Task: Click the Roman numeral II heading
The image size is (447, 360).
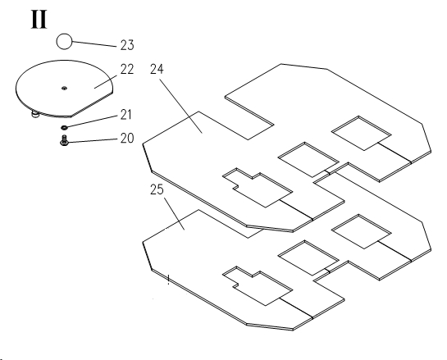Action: click(39, 20)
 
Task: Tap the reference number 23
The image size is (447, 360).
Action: click(127, 45)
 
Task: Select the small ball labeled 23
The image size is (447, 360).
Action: click(64, 41)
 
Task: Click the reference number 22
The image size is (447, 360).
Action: click(127, 69)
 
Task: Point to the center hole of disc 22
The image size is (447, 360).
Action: click(65, 88)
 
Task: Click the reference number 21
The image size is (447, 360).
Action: click(125, 115)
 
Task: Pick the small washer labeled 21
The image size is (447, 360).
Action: click(65, 127)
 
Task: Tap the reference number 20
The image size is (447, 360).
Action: click(127, 138)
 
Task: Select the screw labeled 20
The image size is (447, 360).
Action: click(64, 140)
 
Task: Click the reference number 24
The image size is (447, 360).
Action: click(157, 69)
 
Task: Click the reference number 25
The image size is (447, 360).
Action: click(157, 189)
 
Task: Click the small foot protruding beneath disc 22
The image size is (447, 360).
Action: click(35, 115)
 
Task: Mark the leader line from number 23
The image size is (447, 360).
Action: click(94, 44)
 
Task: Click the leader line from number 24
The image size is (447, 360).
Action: click(181, 106)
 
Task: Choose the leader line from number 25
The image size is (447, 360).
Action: click(174, 214)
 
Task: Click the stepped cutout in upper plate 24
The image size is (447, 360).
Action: click(258, 187)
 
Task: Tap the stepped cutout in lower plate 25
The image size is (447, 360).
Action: click(258, 286)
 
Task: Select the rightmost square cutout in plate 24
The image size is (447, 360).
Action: click(361, 133)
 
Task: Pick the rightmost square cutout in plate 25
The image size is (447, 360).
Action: click(361, 231)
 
